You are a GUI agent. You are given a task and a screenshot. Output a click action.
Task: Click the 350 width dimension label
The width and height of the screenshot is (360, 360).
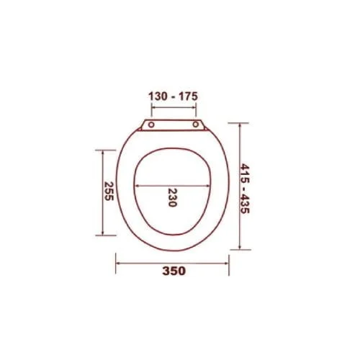pos(174,271)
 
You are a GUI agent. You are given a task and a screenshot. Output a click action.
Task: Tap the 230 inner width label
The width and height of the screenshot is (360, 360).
pos(172,197)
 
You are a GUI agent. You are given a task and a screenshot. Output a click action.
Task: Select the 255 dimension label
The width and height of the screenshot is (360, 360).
pos(109,191)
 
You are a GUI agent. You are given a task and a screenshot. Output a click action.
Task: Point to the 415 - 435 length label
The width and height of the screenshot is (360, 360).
pos(245,189)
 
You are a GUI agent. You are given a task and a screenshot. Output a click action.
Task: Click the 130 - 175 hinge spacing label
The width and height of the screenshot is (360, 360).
pos(173,96)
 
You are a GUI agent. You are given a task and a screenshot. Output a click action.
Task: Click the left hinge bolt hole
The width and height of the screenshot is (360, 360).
pos(151,125)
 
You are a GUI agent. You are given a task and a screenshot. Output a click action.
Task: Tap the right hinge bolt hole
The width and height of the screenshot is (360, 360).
pos(196,125)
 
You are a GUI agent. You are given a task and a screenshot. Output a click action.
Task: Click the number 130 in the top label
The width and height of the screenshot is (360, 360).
pos(158,96)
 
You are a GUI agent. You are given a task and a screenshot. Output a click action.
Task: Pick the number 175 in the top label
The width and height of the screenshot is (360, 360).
pos(189,96)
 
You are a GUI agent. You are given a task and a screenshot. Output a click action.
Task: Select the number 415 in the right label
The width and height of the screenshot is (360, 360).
pos(245,173)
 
